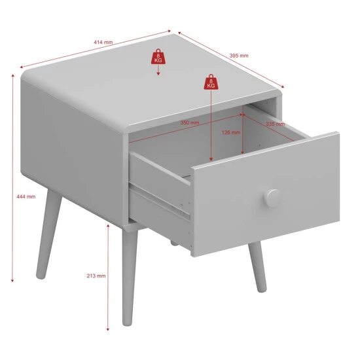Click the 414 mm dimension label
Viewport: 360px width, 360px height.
(x=103, y=43)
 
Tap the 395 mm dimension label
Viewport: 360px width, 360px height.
(x=239, y=56)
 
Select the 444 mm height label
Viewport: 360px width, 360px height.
(x=26, y=196)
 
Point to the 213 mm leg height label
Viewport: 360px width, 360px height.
(x=96, y=276)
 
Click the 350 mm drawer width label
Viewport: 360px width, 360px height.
(x=190, y=122)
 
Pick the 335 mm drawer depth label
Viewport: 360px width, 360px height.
(x=276, y=124)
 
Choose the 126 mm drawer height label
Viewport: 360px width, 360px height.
(x=231, y=132)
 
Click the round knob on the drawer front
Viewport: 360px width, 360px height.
(x=272, y=198)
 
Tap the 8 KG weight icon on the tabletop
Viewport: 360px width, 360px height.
(x=158, y=56)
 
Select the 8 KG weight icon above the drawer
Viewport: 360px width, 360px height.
(x=211, y=82)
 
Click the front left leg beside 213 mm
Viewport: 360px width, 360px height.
(x=130, y=276)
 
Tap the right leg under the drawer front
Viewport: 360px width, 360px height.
(x=257, y=267)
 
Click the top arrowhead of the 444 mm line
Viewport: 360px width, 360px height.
(x=12, y=75)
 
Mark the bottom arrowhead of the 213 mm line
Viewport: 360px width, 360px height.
(x=108, y=329)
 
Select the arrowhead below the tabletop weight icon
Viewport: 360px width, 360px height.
(x=158, y=74)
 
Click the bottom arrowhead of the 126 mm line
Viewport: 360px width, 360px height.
(x=242, y=153)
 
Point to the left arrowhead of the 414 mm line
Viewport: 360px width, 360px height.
(x=22, y=67)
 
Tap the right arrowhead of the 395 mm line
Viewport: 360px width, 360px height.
(x=283, y=86)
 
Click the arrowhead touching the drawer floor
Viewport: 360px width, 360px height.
(x=211, y=159)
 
